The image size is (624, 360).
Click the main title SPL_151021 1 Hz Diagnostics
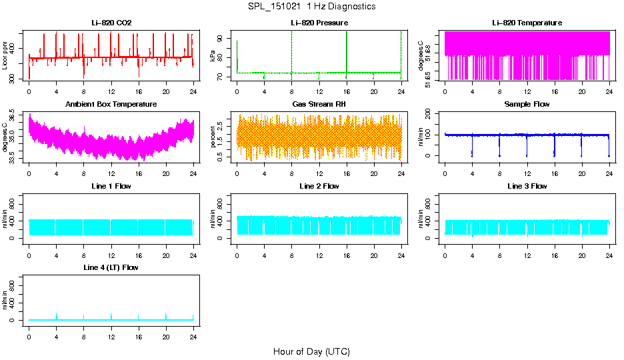[x=311, y=6]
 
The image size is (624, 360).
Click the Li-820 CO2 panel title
[x=111, y=23]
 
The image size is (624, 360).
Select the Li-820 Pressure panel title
[x=319, y=23]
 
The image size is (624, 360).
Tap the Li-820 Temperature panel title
[x=527, y=23]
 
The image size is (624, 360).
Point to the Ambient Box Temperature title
[x=111, y=104]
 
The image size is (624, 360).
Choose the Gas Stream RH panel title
[x=319, y=104]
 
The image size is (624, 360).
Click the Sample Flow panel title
[x=527, y=104]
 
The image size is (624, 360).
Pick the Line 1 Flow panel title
[x=111, y=186]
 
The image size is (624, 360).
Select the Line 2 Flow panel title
[x=319, y=186]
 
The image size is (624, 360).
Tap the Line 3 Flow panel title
[x=527, y=186]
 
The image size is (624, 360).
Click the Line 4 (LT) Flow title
[x=111, y=267]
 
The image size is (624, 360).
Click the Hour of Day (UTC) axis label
[x=311, y=351]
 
